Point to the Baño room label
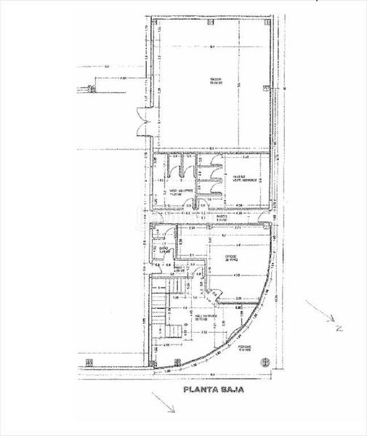pyautogui.click(x=164, y=251)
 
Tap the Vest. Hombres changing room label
pyautogui.click(x=243, y=179)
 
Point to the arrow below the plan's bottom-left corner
pyautogui.click(x=160, y=402)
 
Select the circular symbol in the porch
pyautogui.click(x=265, y=360)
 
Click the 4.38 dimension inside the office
pyautogui.click(x=235, y=273)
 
